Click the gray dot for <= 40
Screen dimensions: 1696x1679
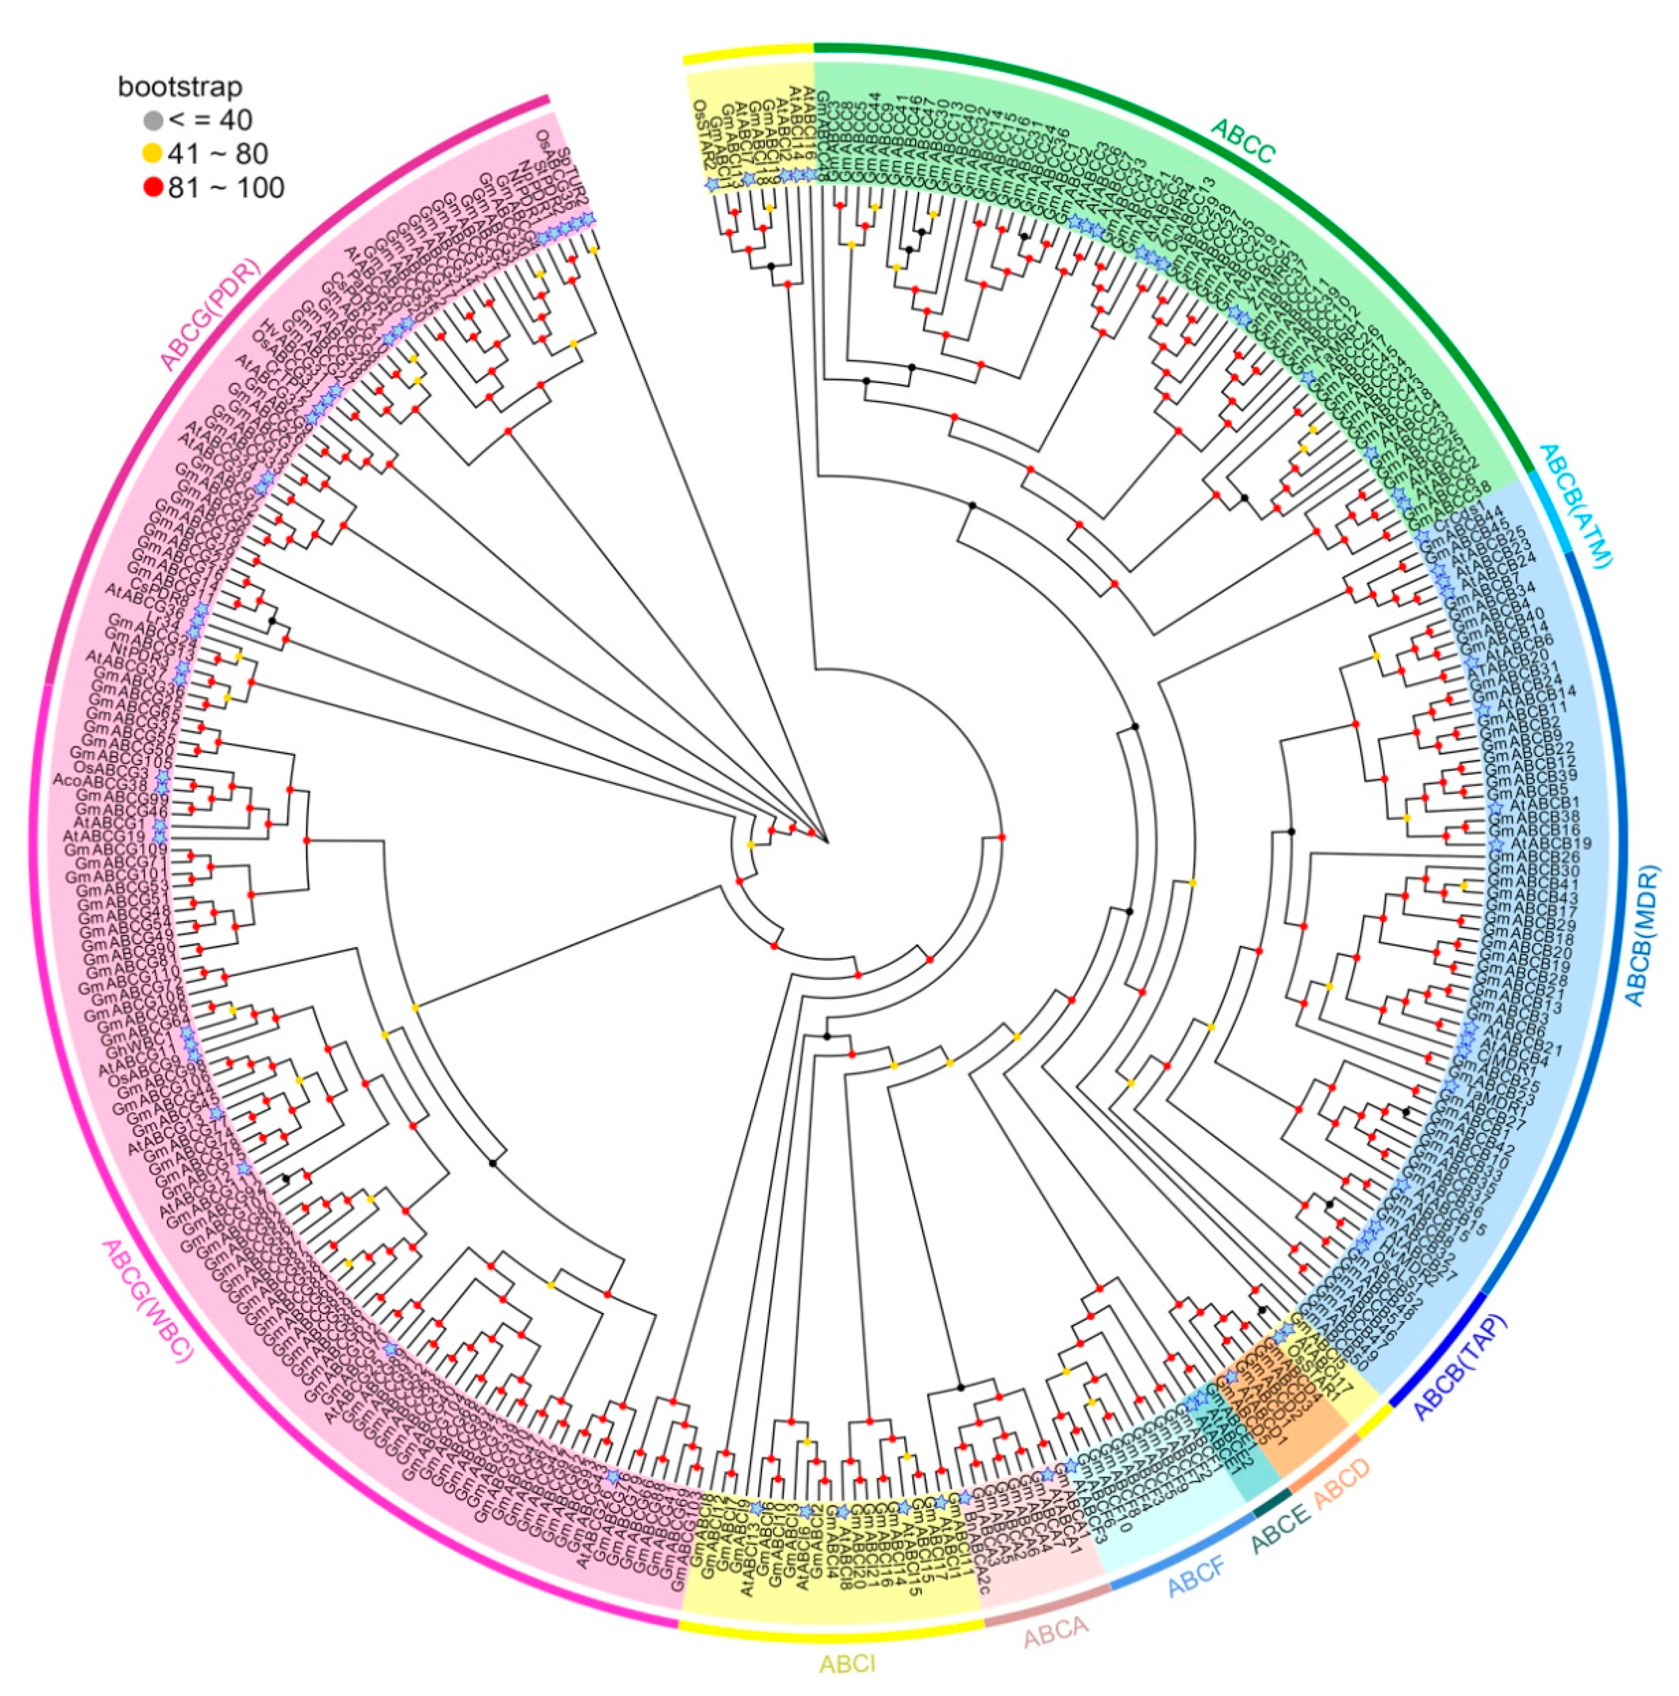pos(153,120)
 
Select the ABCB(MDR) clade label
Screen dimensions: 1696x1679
pos(1641,935)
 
